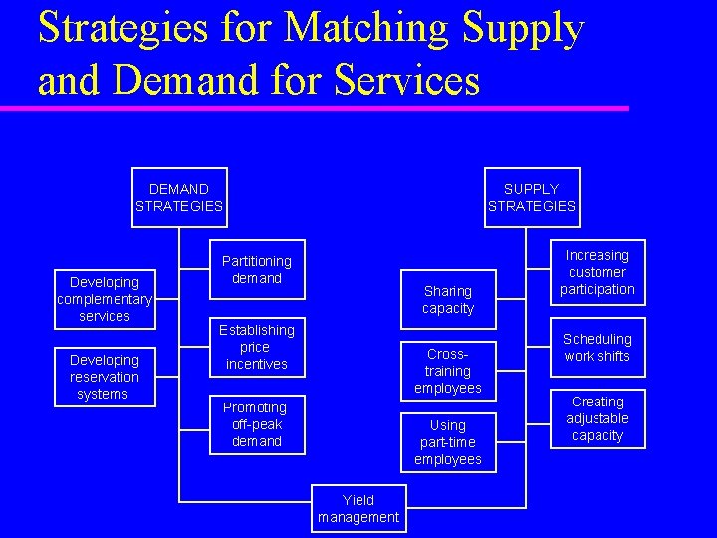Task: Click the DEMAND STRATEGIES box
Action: [179, 197]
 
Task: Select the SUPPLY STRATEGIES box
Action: [531, 197]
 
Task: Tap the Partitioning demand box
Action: [257, 270]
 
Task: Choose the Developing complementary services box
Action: [104, 299]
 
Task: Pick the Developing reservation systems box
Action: [104, 377]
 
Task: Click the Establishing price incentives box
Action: [257, 347]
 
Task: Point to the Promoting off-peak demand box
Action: [257, 424]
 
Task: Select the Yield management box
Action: [358, 508]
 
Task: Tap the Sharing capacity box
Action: [448, 300]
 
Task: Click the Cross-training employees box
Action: [448, 371]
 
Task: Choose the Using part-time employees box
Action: [448, 442]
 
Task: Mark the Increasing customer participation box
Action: [597, 272]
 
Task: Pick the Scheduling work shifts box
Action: [597, 348]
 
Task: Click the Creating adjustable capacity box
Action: [597, 418]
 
